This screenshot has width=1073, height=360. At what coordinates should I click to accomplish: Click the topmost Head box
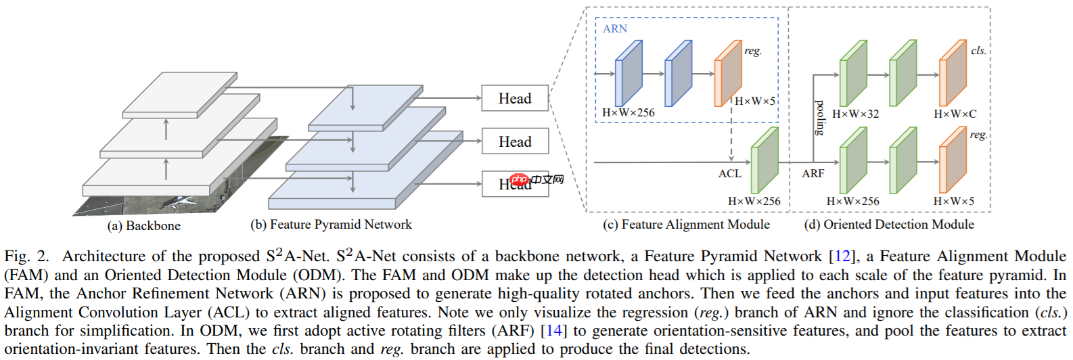tap(514, 98)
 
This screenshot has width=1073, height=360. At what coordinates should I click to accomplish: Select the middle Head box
tap(514, 141)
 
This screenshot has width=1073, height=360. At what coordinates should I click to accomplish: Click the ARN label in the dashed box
tap(615, 28)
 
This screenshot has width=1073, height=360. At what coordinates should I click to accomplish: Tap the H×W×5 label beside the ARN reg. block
tap(755, 101)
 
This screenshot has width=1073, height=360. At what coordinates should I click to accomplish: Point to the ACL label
tap(729, 174)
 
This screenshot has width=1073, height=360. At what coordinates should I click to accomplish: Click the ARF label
tap(813, 174)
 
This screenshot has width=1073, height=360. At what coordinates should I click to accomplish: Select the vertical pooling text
tap(820, 118)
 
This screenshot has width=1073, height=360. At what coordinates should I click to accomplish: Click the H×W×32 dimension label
tap(855, 114)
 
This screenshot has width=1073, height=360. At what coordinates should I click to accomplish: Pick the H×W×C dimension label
tap(955, 114)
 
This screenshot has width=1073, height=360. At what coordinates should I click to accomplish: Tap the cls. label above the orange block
tap(978, 51)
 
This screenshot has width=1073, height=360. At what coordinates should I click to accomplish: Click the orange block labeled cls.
tap(953, 73)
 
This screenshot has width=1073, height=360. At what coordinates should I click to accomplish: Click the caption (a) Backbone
tap(143, 226)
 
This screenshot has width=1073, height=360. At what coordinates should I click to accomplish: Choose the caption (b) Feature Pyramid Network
tap(331, 225)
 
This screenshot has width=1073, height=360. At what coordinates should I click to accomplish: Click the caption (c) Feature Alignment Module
tap(686, 225)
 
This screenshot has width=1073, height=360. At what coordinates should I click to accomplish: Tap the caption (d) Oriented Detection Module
tap(888, 225)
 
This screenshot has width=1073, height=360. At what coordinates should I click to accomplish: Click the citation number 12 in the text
tap(842, 256)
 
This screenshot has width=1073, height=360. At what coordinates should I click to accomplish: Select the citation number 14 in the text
tap(554, 331)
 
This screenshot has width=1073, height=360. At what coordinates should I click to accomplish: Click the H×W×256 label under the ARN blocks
tap(628, 112)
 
